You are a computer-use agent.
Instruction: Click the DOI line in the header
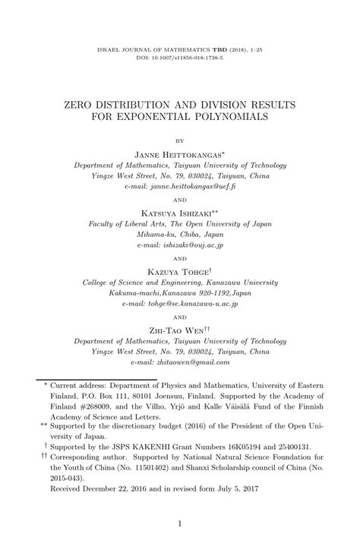[x=180, y=57]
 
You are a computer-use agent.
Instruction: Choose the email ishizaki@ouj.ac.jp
[x=180, y=245]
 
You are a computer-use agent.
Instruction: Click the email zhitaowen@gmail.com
[x=180, y=362]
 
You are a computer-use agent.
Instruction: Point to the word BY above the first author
[x=180, y=141]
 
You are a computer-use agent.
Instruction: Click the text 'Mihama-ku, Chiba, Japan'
[x=180, y=235]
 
